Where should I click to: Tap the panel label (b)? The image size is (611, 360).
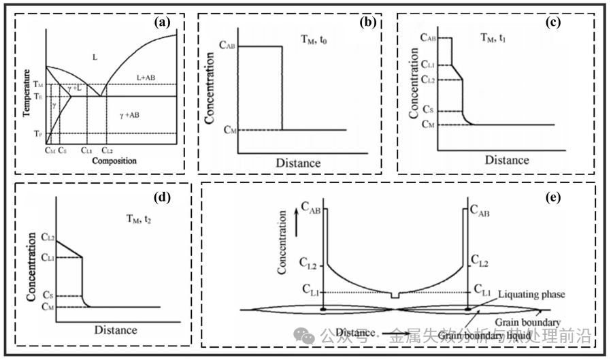(367, 22)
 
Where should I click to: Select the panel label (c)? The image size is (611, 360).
(552, 22)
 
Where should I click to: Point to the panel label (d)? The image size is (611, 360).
(161, 198)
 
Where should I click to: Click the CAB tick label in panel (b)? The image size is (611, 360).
(227, 46)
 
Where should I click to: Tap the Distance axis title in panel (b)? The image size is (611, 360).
(298, 163)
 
